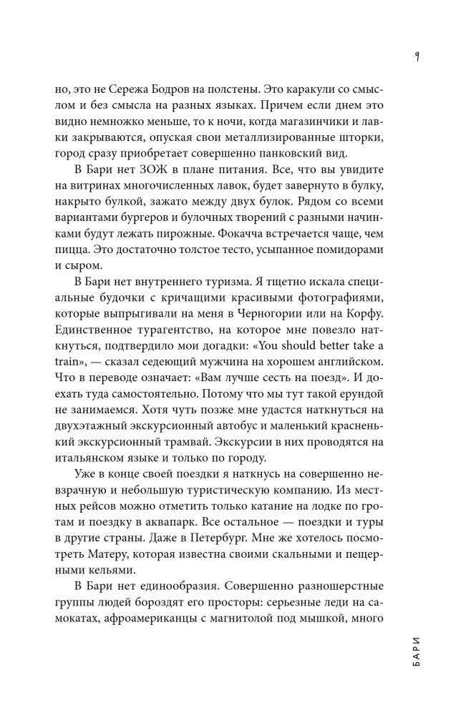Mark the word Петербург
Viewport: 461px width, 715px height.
click(x=206, y=523)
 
